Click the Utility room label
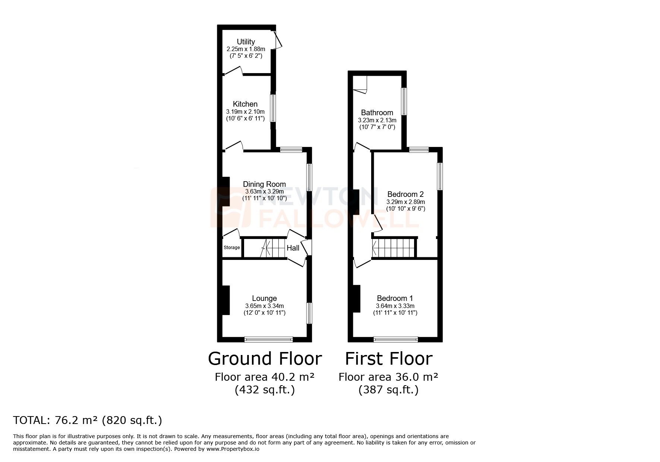click(246, 42)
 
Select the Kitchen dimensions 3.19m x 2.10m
click(245, 111)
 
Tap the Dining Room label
click(264, 184)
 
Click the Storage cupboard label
click(232, 248)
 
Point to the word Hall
click(293, 248)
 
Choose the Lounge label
click(264, 298)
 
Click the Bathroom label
click(377, 113)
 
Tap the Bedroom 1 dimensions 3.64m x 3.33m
click(395, 306)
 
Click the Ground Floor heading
click(265, 359)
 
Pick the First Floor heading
click(388, 359)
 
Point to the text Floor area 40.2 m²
click(265, 377)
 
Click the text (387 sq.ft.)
click(388, 390)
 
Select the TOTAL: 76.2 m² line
click(88, 421)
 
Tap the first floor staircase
click(394, 248)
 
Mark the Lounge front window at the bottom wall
click(269, 339)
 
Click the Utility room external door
click(278, 40)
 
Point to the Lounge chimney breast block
click(225, 301)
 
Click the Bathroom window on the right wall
click(404, 101)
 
